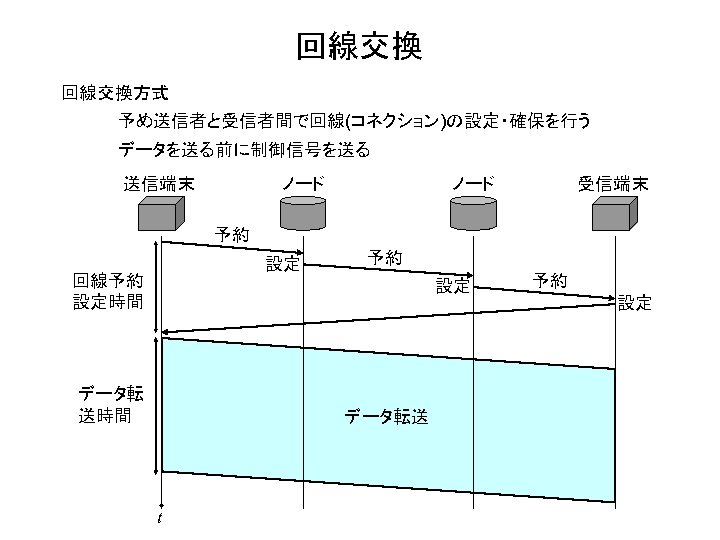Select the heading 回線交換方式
pyautogui.click(x=115, y=93)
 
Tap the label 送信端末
pyautogui.click(x=158, y=184)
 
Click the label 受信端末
pyautogui.click(x=612, y=184)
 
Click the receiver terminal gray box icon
pyautogui.click(x=614, y=213)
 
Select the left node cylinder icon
pyautogui.click(x=303, y=213)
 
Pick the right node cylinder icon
pyautogui.click(x=472, y=213)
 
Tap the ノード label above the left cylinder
pyautogui.click(x=302, y=184)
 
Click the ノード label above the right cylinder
pyautogui.click(x=472, y=184)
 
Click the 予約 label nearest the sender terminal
pyautogui.click(x=233, y=236)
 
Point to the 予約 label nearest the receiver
pyautogui.click(x=550, y=280)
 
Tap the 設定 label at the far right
pyautogui.click(x=634, y=302)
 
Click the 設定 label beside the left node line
pyautogui.click(x=282, y=264)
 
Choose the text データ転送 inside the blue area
pyautogui.click(x=387, y=417)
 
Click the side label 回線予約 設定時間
pyautogui.click(x=108, y=290)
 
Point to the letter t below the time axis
pyautogui.click(x=160, y=517)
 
